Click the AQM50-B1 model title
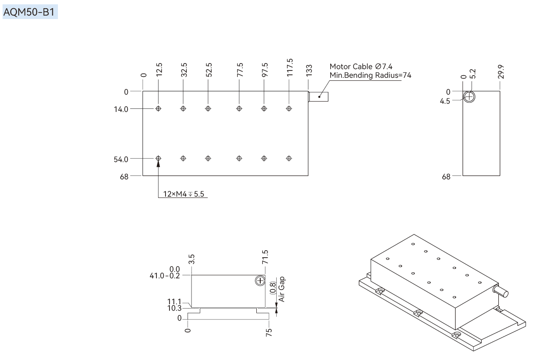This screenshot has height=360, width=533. (x=29, y=12)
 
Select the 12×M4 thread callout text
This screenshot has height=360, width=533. (x=183, y=194)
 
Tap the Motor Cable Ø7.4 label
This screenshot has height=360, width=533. (x=361, y=67)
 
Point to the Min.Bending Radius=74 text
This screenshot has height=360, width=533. (x=370, y=75)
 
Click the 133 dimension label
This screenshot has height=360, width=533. (x=309, y=70)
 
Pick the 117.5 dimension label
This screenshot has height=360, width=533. (x=290, y=67)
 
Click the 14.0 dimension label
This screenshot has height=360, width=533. (x=121, y=109)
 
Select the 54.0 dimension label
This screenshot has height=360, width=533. (x=121, y=159)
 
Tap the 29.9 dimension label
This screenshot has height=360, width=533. (x=501, y=72)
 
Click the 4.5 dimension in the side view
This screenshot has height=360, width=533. (x=445, y=101)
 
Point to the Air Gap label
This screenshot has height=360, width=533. (x=281, y=289)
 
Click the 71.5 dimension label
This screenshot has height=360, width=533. (x=265, y=257)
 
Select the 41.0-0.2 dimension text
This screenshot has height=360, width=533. (x=165, y=276)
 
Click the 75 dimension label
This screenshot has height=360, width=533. (x=268, y=332)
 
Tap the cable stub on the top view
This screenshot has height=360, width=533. (x=318, y=97)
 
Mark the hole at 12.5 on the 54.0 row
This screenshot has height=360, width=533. (x=158, y=158)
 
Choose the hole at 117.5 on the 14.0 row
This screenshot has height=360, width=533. (x=289, y=108)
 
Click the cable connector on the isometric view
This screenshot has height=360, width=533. (x=501, y=291)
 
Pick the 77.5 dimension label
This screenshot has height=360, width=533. (x=240, y=70)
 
